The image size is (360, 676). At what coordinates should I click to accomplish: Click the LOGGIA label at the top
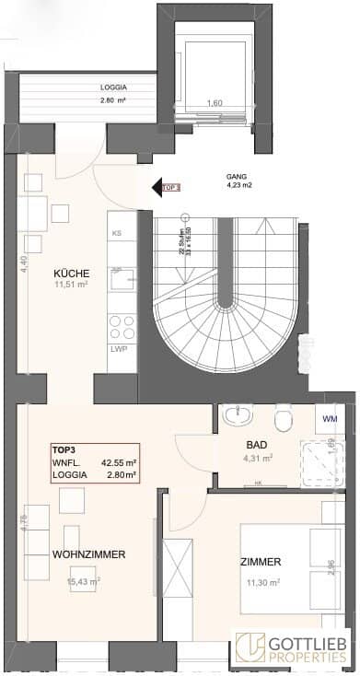pyautogui.click(x=115, y=88)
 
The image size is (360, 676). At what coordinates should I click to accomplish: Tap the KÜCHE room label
pyautogui.click(x=71, y=274)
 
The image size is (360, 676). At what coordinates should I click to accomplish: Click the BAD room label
pyautogui.click(x=257, y=443)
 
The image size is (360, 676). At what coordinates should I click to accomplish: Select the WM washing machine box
pyautogui.click(x=331, y=418)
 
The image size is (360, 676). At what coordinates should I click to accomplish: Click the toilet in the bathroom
pyautogui.click(x=285, y=419)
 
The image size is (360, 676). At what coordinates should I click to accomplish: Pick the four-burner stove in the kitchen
pyautogui.click(x=122, y=326)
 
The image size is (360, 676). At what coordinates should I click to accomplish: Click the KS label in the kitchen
pyautogui.click(x=116, y=234)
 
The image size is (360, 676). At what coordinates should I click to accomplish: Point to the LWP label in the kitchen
pyautogui.click(x=119, y=350)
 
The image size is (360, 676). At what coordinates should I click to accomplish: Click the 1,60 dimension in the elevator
pyautogui.click(x=214, y=103)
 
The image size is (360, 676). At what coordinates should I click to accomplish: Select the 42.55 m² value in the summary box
pyautogui.click(x=119, y=462)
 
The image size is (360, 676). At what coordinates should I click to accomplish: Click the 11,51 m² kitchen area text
pyautogui.click(x=70, y=286)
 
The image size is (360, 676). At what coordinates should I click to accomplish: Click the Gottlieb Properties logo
pyautogui.click(x=293, y=648)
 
